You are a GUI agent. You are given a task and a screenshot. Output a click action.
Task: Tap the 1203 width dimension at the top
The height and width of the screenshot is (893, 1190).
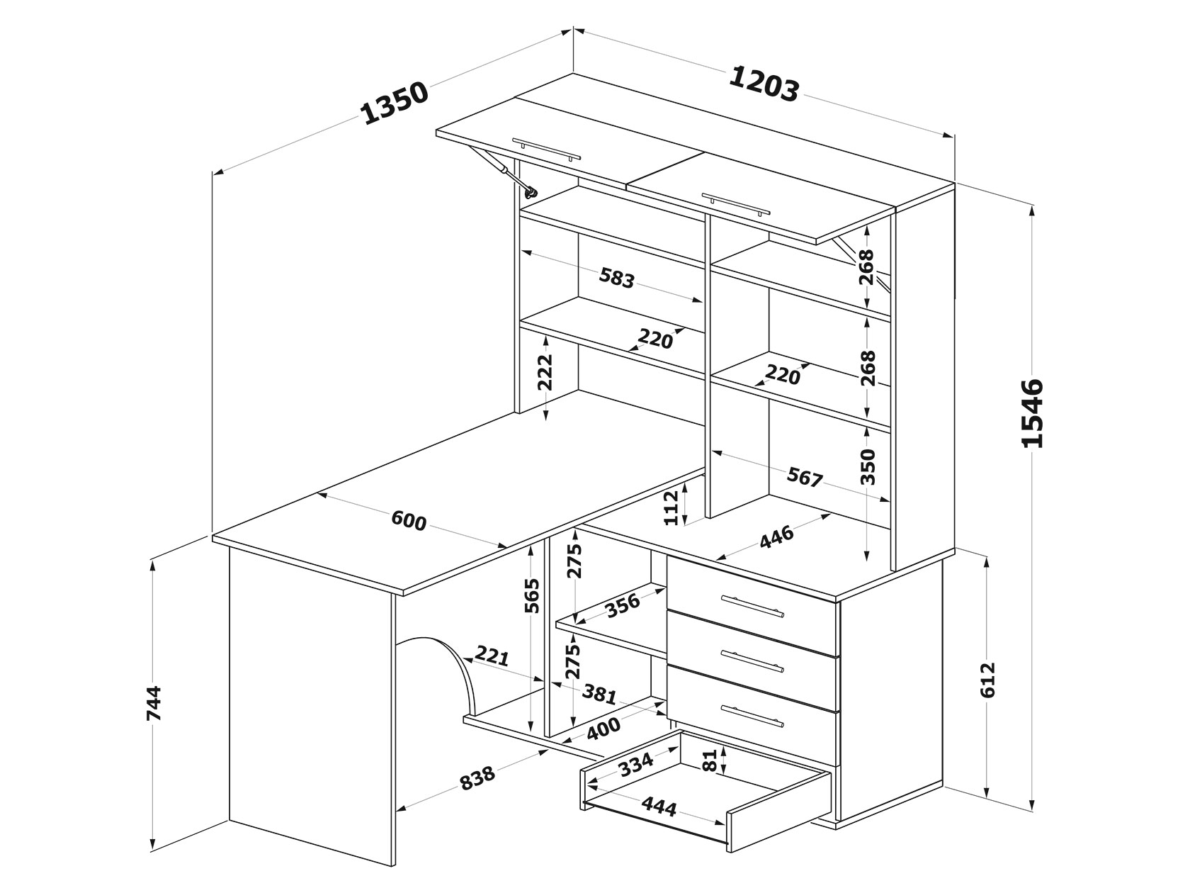(x=764, y=84)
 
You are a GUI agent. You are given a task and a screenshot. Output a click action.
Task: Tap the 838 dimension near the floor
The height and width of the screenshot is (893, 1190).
(x=477, y=778)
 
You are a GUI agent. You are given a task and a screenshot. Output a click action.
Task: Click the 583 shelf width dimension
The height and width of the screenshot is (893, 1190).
(x=616, y=277)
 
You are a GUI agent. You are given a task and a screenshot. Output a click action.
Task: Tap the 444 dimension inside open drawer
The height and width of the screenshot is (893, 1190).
(x=659, y=806)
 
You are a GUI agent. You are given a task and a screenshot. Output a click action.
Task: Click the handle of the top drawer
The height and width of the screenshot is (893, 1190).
(x=752, y=606)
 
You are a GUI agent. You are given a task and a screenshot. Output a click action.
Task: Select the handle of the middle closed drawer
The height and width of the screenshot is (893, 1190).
(x=752, y=659)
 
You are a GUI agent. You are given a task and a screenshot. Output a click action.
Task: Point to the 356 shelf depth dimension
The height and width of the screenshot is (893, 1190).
(x=623, y=605)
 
